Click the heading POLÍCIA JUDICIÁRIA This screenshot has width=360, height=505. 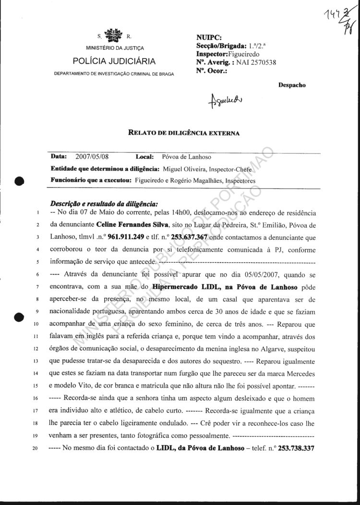[x=114, y=61]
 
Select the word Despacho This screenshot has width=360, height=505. [x=292, y=85]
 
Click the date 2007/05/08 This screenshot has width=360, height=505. [x=93, y=157]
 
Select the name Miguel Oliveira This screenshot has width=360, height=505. [x=185, y=169]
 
